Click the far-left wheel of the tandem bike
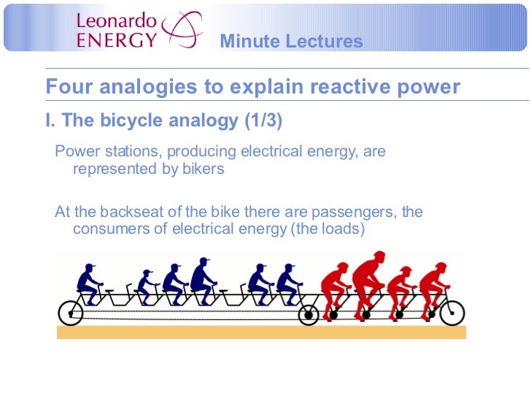(x=71, y=313)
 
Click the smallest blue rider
(x=147, y=286)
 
